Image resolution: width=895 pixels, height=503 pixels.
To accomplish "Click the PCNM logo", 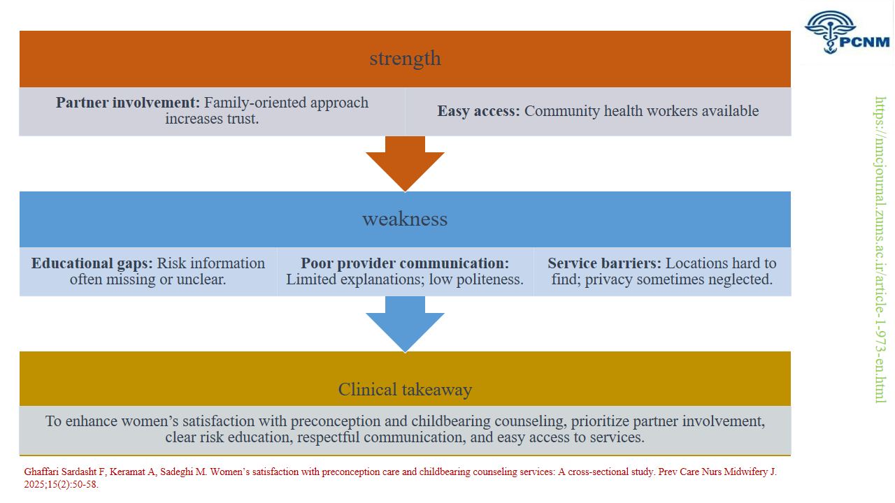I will [x=847, y=32].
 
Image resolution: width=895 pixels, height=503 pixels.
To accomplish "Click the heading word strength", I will [x=405, y=58].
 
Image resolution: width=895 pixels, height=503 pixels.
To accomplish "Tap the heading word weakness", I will [x=405, y=219].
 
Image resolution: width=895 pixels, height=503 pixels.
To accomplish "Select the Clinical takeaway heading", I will [x=405, y=389].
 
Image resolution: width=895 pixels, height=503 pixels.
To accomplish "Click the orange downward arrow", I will [x=405, y=164].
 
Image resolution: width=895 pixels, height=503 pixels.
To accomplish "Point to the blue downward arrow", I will [x=405, y=324].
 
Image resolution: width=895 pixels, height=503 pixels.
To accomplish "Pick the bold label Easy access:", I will [x=478, y=111].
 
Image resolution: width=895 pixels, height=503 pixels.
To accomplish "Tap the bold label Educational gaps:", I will [x=92, y=263].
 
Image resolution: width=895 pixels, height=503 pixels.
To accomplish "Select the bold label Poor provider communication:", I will [x=405, y=263].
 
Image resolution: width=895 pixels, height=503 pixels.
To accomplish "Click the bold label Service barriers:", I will [x=604, y=263].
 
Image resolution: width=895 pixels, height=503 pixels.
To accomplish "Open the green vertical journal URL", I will [x=880, y=249].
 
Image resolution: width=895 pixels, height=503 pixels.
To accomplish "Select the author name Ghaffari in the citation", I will [x=40, y=472].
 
